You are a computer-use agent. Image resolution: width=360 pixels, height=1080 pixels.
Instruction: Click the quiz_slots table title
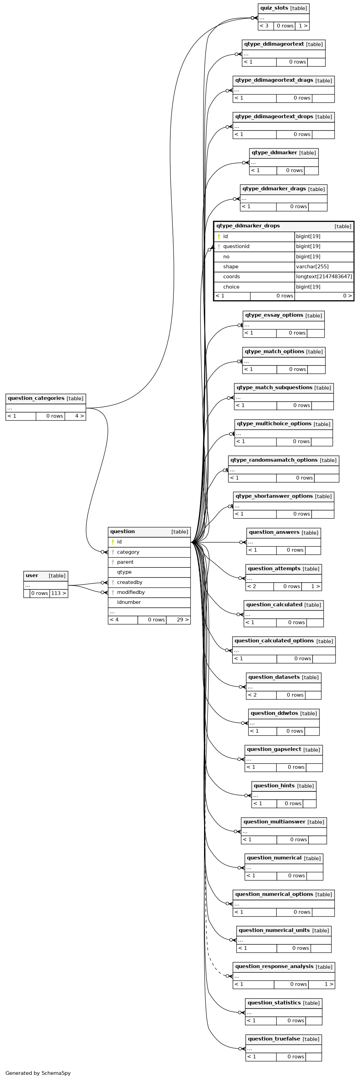[274, 8]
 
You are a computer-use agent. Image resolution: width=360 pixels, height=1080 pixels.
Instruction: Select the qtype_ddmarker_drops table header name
[248, 226]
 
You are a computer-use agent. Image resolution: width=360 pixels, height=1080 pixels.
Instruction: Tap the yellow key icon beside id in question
[113, 542]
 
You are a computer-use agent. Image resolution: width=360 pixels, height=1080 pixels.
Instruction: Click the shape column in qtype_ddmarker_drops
[230, 267]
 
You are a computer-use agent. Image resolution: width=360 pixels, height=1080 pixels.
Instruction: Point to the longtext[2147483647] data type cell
[324, 277]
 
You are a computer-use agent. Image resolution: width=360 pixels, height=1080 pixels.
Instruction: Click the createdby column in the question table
[130, 582]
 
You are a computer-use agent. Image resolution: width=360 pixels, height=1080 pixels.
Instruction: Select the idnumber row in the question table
[129, 603]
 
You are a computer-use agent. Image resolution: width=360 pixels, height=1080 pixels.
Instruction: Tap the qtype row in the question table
[124, 572]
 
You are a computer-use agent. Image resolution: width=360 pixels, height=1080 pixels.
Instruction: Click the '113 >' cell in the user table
[59, 593]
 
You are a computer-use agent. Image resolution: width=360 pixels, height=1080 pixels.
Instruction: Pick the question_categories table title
[36, 398]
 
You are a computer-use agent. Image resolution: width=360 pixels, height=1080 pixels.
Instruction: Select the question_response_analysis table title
[274, 966]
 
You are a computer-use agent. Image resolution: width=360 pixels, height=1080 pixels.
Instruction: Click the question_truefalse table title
[274, 1039]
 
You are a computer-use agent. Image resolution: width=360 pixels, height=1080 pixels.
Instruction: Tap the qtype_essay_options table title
[274, 315]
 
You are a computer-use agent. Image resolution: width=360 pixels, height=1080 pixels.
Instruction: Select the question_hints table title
[274, 786]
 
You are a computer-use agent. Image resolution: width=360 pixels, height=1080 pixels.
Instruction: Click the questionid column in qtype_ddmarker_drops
[236, 247]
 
